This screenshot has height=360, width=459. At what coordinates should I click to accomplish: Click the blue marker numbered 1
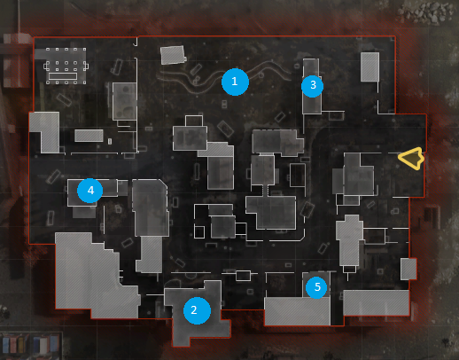235,82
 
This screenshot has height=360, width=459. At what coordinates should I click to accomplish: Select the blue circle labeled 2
197,310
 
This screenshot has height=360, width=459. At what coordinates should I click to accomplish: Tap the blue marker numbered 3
312,86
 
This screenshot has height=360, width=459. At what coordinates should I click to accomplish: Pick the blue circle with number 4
90,191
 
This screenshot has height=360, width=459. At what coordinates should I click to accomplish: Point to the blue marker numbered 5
316,287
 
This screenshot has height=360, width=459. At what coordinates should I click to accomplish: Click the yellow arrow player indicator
411,158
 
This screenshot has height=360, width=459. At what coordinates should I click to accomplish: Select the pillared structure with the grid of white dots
66,66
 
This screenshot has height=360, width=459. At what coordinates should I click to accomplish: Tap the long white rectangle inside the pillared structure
63,76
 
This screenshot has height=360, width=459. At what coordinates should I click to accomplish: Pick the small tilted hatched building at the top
173,55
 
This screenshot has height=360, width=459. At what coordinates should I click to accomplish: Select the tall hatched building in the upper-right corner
370,67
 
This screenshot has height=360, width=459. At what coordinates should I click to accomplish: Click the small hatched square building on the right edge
408,269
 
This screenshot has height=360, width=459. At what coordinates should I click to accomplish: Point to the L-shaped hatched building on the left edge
46,131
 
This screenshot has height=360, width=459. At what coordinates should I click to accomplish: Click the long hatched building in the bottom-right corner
376,303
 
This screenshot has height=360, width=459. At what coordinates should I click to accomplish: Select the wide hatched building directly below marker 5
297,311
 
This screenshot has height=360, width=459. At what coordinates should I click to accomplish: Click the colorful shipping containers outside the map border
30,344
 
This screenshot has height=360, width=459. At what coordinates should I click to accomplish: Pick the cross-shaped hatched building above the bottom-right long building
350,240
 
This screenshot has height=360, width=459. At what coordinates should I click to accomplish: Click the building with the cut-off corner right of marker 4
151,207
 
